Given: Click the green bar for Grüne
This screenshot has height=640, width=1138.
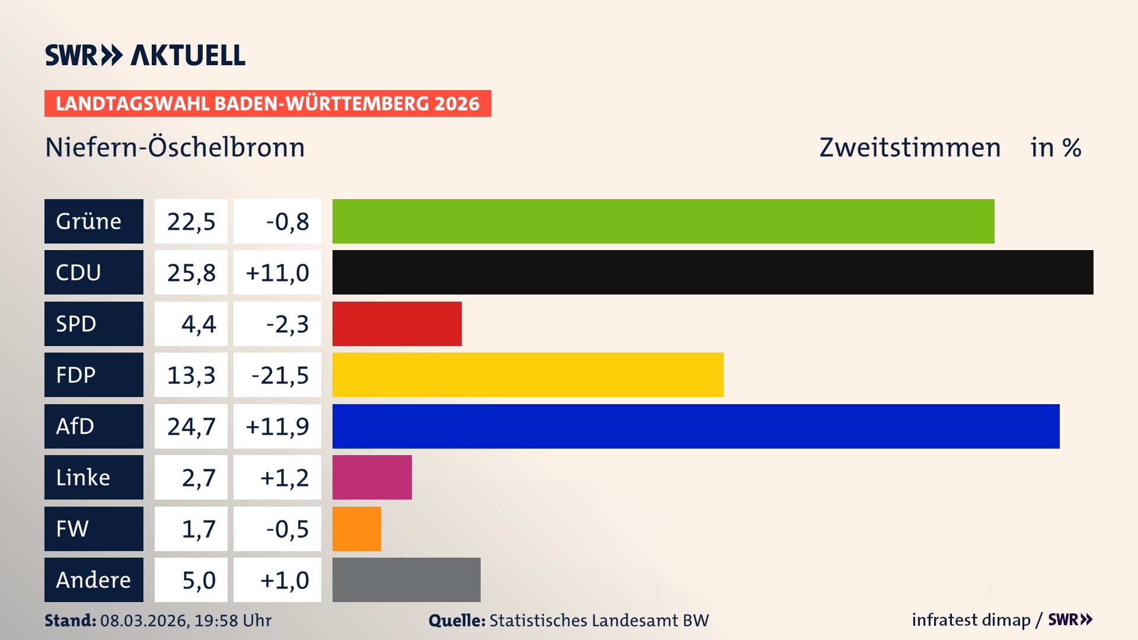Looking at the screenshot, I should tap(663, 221).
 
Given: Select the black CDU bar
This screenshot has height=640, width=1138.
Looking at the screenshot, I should tap(712, 272).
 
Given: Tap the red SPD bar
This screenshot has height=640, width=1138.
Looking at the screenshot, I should tap(397, 324).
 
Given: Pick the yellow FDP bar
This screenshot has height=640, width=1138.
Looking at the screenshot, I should tap(528, 375).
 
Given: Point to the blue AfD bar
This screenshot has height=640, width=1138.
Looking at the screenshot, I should tap(695, 426).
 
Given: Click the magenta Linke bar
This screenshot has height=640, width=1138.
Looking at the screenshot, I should tap(372, 477).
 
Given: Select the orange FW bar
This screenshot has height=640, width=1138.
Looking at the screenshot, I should tap(356, 529).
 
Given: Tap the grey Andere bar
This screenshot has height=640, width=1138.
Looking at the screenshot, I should tap(406, 580).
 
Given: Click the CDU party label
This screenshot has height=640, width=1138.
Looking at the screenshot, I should tap(94, 272).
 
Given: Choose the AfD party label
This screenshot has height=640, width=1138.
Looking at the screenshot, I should tap(94, 426).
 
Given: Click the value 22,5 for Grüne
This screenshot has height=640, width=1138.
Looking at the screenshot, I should tap(191, 221).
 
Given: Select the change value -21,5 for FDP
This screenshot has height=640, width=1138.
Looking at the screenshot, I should tap(277, 375).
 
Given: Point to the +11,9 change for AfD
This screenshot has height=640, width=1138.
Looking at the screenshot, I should tap(277, 426).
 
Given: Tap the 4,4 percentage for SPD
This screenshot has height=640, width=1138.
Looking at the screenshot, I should tap(191, 324).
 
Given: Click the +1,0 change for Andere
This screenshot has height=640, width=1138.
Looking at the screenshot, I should tap(277, 580).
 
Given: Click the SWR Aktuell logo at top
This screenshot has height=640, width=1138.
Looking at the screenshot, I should tap(145, 55).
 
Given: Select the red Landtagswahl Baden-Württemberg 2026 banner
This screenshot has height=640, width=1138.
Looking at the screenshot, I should tap(267, 103).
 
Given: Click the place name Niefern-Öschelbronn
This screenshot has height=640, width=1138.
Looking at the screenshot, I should tap(175, 147).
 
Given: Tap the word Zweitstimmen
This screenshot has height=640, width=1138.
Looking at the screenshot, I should tap(910, 147).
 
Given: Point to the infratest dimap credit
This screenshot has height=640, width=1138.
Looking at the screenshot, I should tap(971, 620).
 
